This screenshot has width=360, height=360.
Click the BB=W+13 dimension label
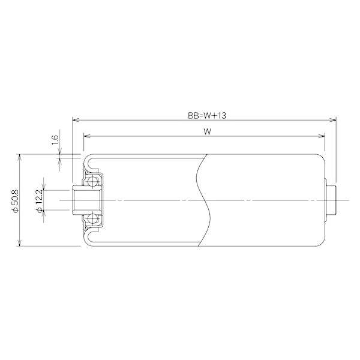coord(207,115)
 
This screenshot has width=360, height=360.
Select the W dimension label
coord(208,131)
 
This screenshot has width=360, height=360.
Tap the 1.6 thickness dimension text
coord(55,140)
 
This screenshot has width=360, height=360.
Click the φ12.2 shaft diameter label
coord(39,200)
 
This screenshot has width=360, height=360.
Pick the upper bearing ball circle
coord(92,182)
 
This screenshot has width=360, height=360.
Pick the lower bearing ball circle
coord(92,219)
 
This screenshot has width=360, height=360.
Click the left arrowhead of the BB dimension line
coord(76,120)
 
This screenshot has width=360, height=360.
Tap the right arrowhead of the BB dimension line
coord(332,120)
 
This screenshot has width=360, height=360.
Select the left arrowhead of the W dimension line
coord(87,136)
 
